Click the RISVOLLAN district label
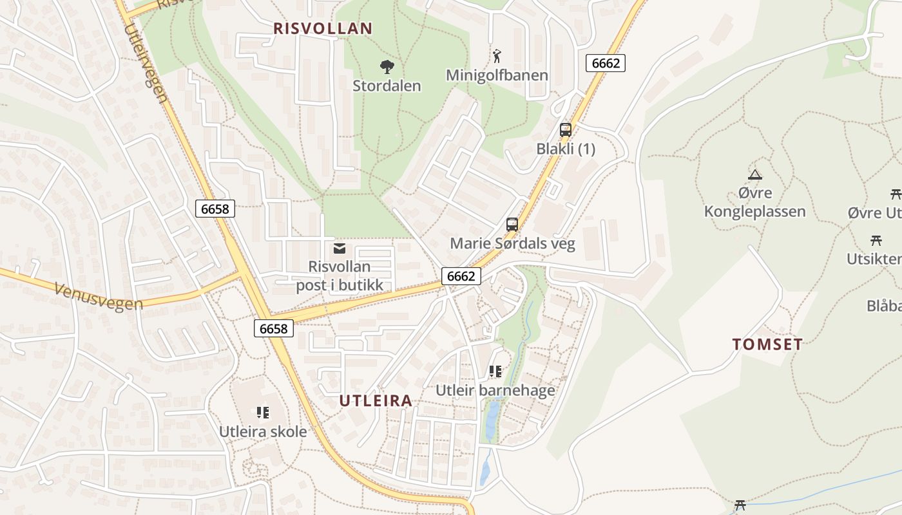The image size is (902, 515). tap(323, 28)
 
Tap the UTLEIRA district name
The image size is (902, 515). tap(376, 400)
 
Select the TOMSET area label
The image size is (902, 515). tap(767, 344)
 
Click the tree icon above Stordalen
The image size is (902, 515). tap(387, 66)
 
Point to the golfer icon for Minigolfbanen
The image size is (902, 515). tap(497, 56)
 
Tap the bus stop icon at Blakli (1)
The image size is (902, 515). tap(566, 129)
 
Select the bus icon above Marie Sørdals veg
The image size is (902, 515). tap(512, 225)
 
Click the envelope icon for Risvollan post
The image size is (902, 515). tap(340, 248)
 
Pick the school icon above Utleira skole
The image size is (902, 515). tap(263, 412)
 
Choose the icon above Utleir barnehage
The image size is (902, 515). tap(495, 371)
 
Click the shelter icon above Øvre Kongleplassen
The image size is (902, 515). tap(754, 174)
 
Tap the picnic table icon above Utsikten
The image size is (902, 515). tap(876, 241)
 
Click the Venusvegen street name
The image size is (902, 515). tap(98, 295)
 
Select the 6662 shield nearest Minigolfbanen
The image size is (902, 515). tap(606, 62)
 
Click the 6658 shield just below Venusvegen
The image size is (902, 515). tap(273, 328)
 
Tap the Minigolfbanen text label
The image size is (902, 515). tap(497, 75)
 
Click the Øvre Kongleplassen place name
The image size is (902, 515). tap(754, 202)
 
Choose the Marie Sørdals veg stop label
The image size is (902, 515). tap(512, 243)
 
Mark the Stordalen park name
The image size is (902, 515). tap(387, 86)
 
